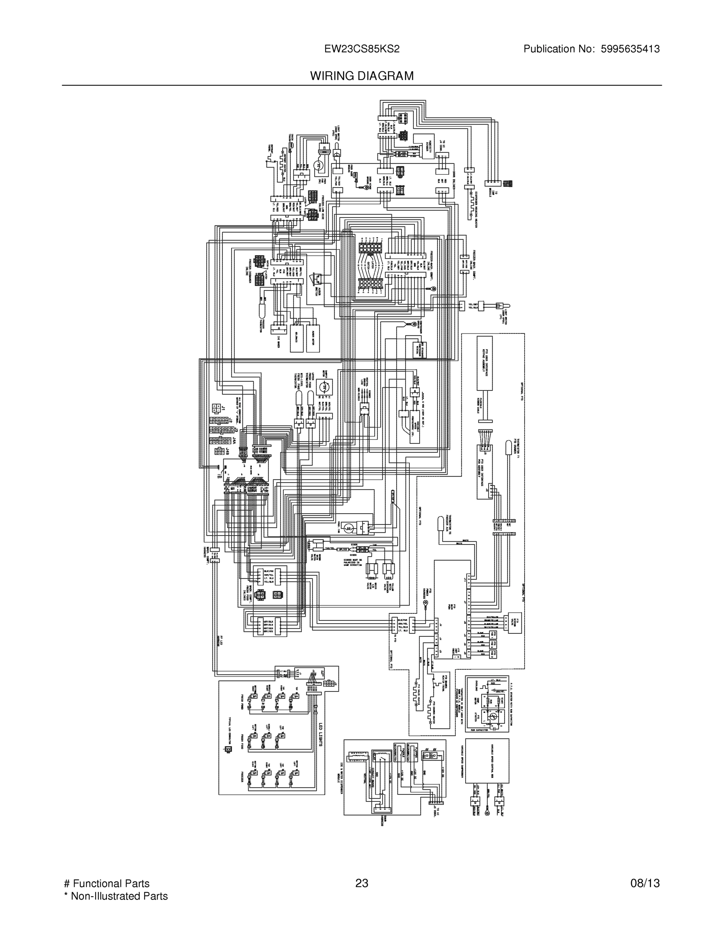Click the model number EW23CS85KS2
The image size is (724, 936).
pos(361,49)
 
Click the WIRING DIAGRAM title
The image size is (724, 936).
pos(361,76)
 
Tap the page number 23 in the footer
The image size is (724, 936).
pos(361,883)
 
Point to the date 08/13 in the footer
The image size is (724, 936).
pos(645,883)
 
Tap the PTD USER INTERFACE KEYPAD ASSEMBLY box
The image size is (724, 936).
pos(485,363)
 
